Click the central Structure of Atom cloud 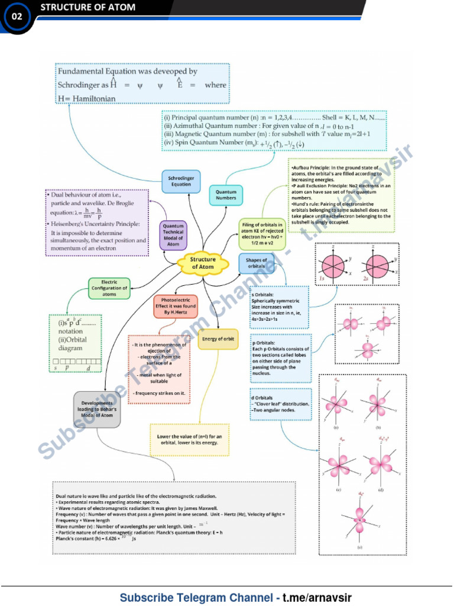point(203,263)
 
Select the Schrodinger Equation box point(181,180)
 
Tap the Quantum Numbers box point(226,195)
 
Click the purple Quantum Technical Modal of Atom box point(173,235)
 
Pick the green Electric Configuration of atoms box point(109,288)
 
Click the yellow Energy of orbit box point(218,339)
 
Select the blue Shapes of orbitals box point(257,263)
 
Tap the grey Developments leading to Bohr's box point(97,409)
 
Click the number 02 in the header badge point(17,17)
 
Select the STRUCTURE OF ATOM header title point(87,8)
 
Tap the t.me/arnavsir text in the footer point(317,597)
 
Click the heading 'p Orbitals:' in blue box point(263,343)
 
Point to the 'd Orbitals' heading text point(262,398)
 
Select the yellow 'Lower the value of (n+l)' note point(189,440)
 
